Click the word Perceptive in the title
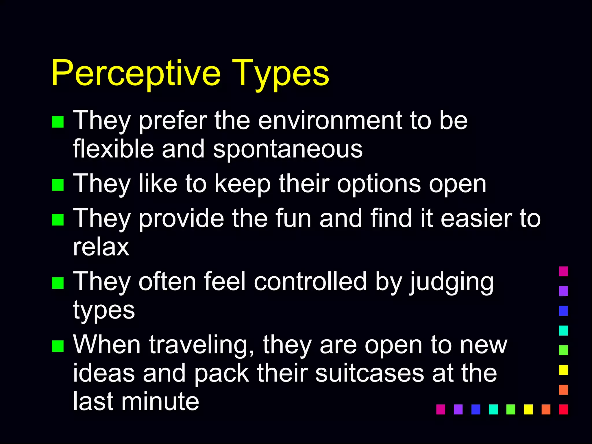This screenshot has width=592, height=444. click(136, 73)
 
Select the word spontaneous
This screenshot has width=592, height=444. click(288, 150)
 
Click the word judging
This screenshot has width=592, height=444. click(451, 282)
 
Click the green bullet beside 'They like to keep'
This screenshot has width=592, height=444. click(58, 185)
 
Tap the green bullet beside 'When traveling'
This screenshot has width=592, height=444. click(58, 346)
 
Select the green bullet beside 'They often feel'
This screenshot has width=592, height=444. click(58, 283)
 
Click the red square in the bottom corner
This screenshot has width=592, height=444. click(563, 409)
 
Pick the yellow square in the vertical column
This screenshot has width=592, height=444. click(563, 370)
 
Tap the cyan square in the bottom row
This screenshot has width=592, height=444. click(493, 409)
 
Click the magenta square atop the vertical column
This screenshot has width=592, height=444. click(563, 271)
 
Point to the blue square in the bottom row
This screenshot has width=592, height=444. click(476, 409)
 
